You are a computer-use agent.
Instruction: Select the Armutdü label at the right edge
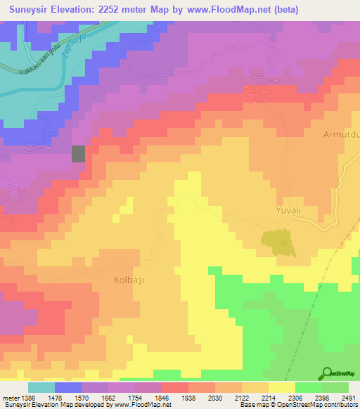pos(340,134)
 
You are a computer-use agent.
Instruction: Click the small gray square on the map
pos(78,154)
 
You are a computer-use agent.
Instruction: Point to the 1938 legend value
pos(189,398)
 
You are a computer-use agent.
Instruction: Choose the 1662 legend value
pos(109,398)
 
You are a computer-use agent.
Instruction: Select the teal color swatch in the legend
pos(41,387)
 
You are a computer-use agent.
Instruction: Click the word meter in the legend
pos(11,398)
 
